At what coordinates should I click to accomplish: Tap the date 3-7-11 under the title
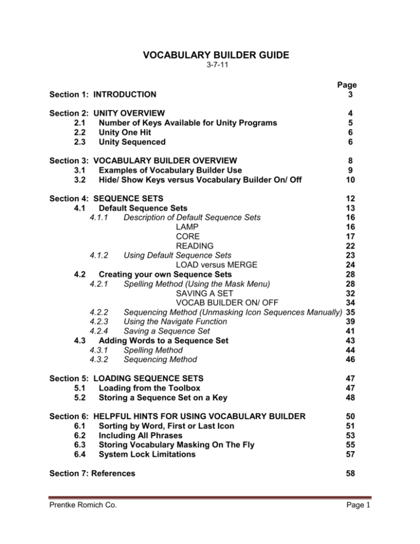coord(211,68)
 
